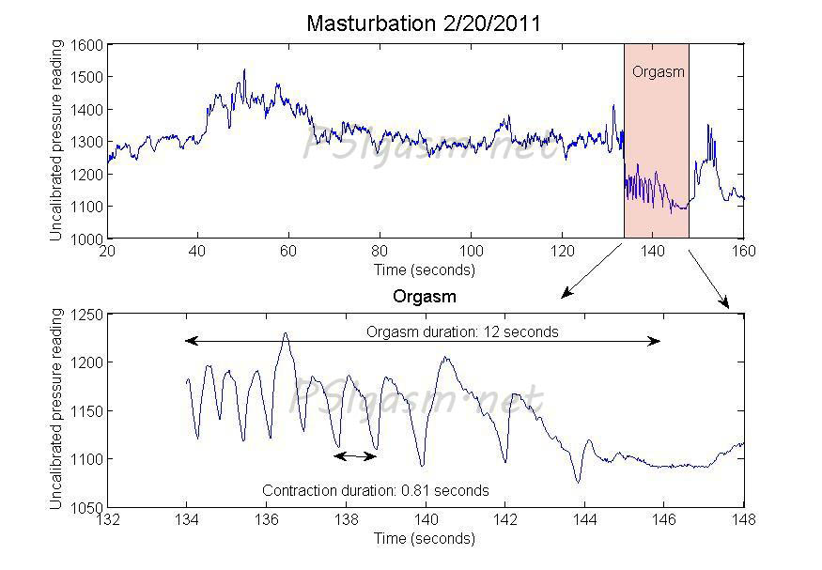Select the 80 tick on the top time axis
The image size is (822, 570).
[x=380, y=253]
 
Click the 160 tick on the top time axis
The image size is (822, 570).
[x=743, y=253]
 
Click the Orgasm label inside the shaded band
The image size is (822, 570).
[x=657, y=71]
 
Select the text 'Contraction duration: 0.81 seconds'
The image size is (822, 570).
[x=375, y=490]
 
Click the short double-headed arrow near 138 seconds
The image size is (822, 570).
[x=355, y=456]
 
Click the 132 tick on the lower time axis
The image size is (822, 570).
[x=108, y=520]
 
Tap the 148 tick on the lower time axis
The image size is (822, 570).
[x=743, y=520]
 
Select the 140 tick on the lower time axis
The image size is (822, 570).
[x=426, y=520]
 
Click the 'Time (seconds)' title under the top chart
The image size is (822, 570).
[x=425, y=270]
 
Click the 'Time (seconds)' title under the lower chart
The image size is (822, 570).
[x=425, y=538]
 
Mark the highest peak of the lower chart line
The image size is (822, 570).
[x=286, y=333]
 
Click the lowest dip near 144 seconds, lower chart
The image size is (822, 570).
[x=578, y=483]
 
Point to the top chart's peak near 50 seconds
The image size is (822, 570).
[x=244, y=69]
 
